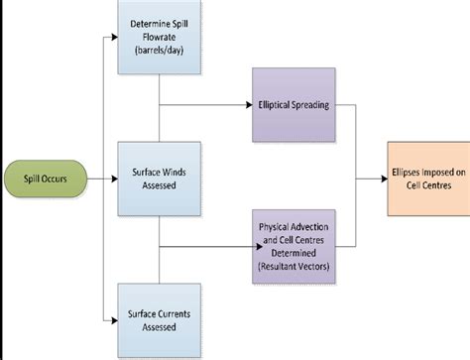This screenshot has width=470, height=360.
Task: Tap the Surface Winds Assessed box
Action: point(160,180)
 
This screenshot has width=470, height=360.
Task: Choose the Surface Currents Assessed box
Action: point(160,319)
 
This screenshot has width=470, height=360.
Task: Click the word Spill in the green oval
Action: point(27,180)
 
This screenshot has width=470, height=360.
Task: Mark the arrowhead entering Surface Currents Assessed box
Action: point(114,319)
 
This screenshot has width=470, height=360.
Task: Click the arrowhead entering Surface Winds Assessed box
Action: point(114,180)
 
